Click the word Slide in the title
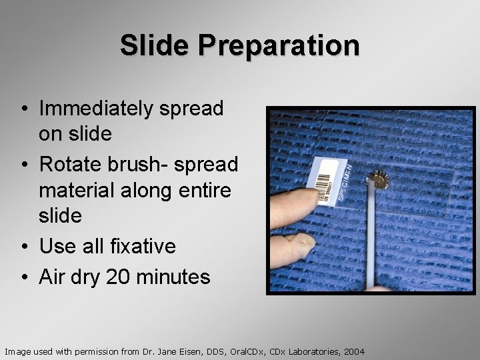click(155, 45)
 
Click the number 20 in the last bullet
click(119, 276)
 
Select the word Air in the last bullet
click(54, 276)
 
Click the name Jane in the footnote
click(169, 351)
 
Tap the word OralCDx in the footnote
click(247, 351)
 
